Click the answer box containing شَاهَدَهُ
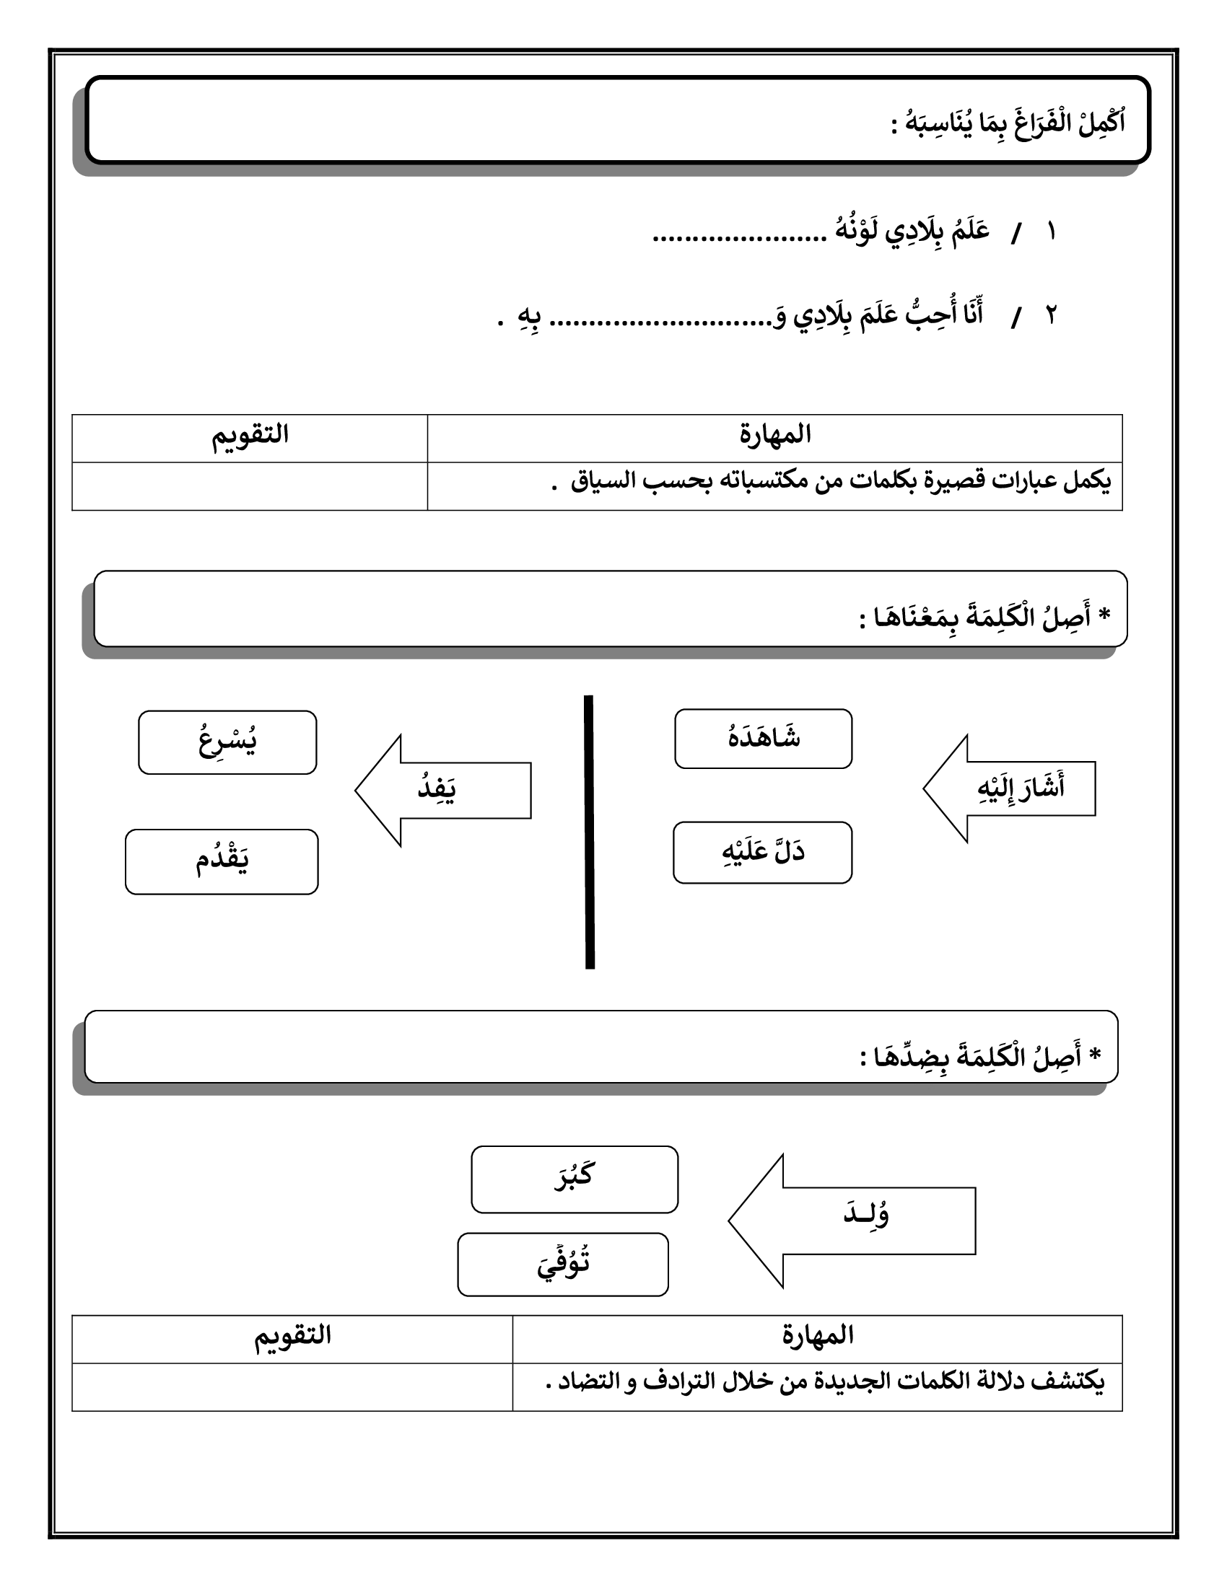coord(763,738)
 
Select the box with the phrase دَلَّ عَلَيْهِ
coord(762,853)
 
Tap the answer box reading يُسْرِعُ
coord(227,742)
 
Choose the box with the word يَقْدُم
coord(222,861)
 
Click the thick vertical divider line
coord(590,832)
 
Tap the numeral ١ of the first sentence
coord(1051,232)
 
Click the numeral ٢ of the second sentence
coord(1051,315)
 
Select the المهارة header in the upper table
coord(775,435)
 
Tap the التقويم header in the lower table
coord(292,1335)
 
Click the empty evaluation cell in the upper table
coord(249,485)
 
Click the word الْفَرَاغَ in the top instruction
coord(1039,123)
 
